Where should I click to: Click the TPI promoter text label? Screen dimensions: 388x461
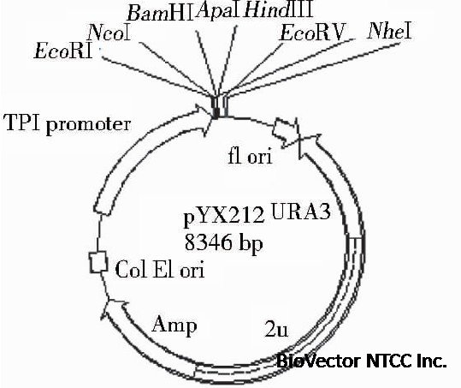pyautogui.click(x=68, y=124)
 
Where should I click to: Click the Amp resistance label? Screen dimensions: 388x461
pyautogui.click(x=175, y=325)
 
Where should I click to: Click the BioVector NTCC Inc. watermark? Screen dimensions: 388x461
pyautogui.click(x=363, y=361)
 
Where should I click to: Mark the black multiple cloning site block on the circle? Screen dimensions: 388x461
pyautogui.click(x=219, y=108)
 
